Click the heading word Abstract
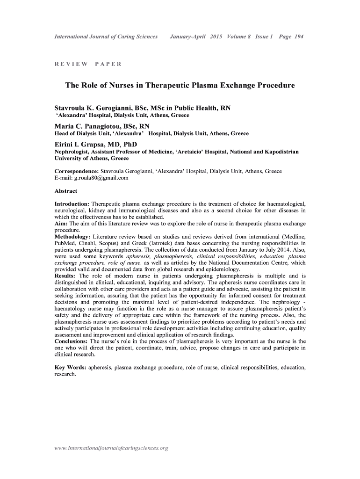click(x=66, y=191)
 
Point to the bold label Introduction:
click(x=72, y=204)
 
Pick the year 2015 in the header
click(x=216, y=36)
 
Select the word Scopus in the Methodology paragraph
click(x=136, y=243)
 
